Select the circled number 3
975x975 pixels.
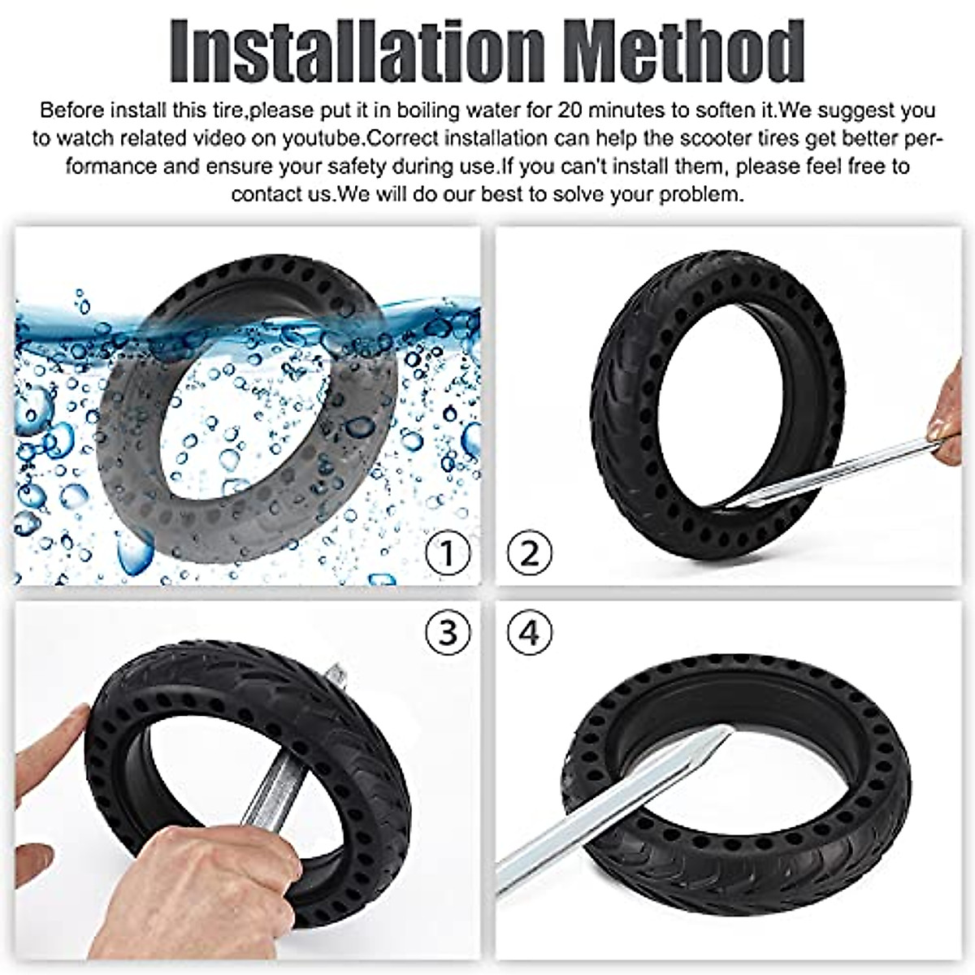tap(448, 632)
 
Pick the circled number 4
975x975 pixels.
tap(529, 632)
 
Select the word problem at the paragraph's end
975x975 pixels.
tap(700, 194)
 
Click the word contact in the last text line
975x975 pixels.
tap(261, 194)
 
